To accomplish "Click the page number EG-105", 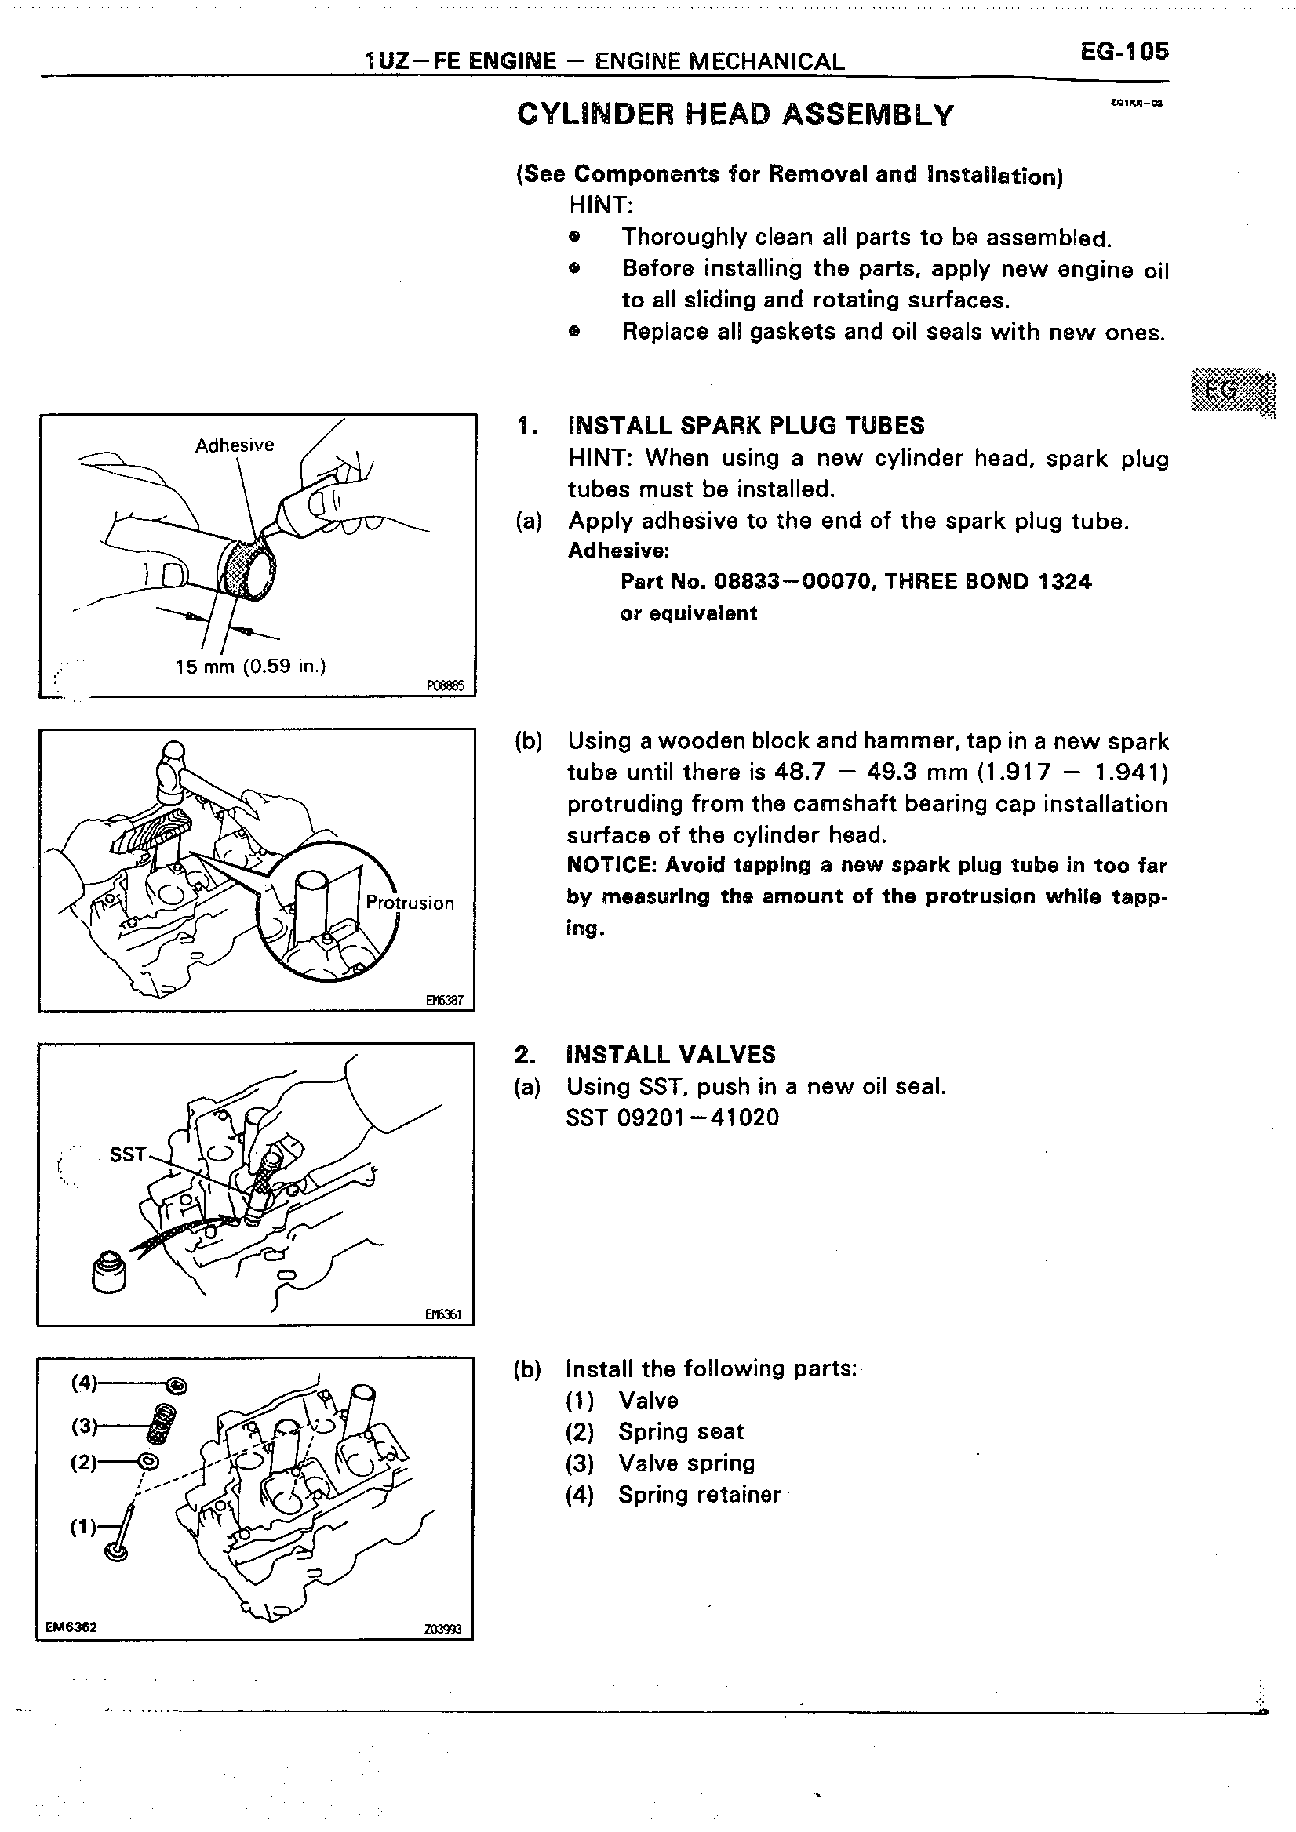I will pos(1123,52).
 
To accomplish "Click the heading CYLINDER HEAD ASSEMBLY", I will pos(735,115).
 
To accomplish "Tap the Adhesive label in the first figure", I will pos(234,445).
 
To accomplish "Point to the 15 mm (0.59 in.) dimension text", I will pos(249,666).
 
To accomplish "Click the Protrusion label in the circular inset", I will pos(410,903).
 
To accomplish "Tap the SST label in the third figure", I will pos(129,1154).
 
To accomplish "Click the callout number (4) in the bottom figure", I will pos(84,1382).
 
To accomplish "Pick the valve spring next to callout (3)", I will pos(164,1423).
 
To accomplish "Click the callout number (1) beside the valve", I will pos(83,1527).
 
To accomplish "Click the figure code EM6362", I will pos(72,1627).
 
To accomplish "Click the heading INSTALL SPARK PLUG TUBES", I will pos(745,425).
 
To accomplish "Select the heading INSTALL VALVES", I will pos(670,1055).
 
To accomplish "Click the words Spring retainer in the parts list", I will pos(698,1495).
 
